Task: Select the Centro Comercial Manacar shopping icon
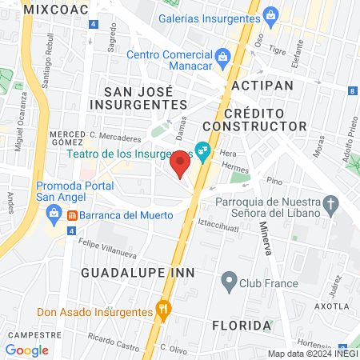pos(223,55)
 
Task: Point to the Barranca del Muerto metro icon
pos(72,214)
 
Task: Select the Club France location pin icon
pos(230,282)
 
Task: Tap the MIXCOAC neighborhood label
pos(53,9)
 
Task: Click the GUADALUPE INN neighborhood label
pos(128,273)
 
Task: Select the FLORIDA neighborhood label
pos(241,326)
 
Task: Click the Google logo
pos(27,350)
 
